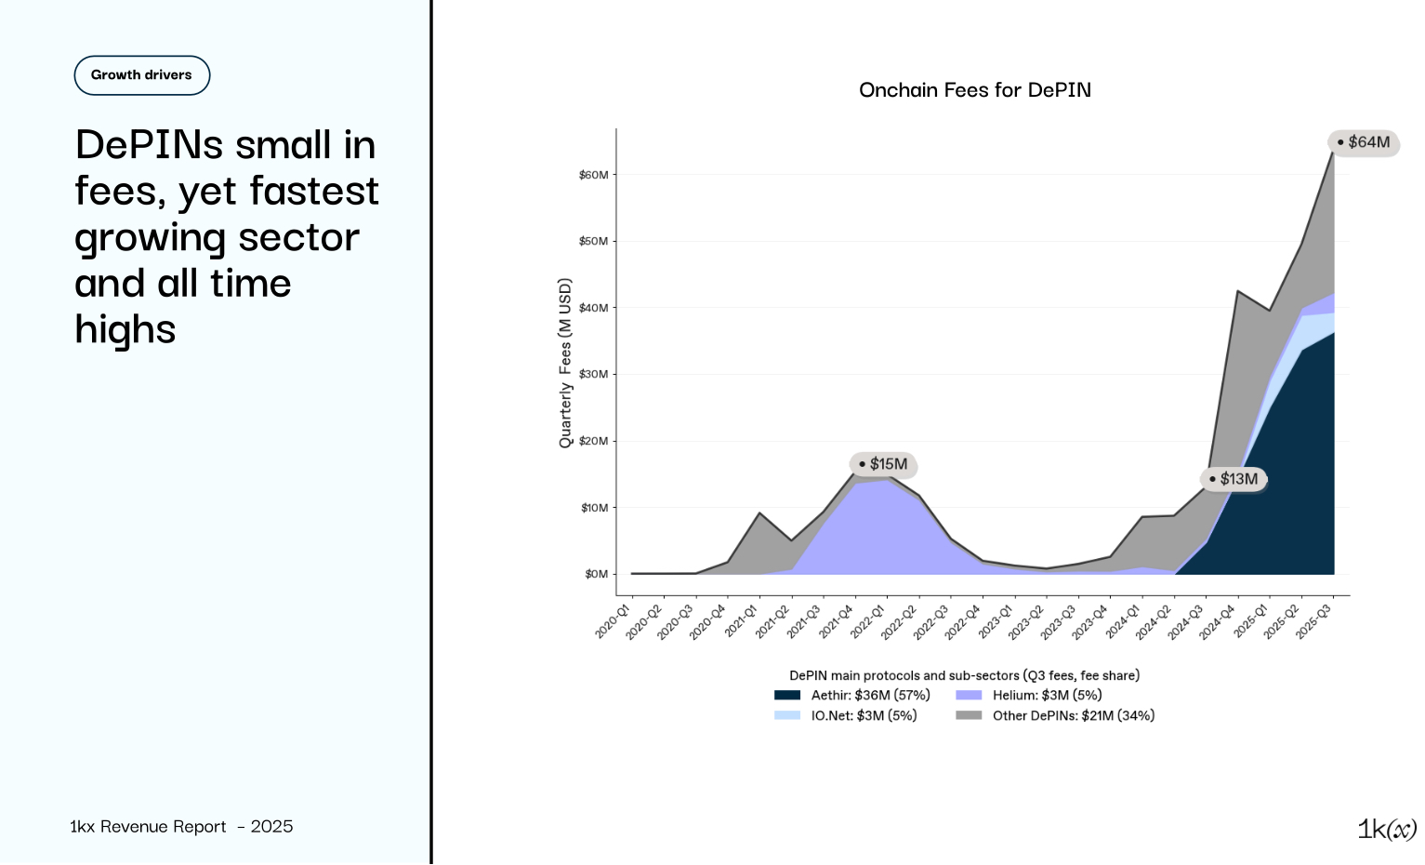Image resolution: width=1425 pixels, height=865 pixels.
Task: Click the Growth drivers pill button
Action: point(141,75)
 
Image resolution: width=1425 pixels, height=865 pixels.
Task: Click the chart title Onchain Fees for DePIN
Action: point(974,90)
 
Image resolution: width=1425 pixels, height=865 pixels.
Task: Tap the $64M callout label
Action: point(1364,142)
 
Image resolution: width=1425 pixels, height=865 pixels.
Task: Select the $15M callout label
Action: point(883,464)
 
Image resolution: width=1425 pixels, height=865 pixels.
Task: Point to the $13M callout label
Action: point(1234,479)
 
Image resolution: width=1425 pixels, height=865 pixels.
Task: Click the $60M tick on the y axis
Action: point(593,175)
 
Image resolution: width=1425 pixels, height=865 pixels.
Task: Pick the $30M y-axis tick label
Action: point(593,375)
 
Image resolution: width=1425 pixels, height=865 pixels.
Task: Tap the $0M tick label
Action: point(596,574)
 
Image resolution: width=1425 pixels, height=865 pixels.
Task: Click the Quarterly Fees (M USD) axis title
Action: point(565,363)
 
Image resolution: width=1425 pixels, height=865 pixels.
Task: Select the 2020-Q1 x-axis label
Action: point(614,620)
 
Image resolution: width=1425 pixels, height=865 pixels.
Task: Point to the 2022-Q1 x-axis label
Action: point(868,620)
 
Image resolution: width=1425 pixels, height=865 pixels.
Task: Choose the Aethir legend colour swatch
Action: point(786,695)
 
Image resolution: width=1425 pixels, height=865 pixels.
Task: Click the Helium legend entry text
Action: point(1047,695)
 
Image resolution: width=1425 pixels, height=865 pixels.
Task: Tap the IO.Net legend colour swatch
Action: point(786,715)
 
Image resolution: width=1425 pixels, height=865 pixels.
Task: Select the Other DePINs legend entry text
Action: point(1073,715)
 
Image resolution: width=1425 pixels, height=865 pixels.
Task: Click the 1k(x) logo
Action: point(1386,829)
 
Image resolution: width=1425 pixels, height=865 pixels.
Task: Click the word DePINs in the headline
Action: point(149,145)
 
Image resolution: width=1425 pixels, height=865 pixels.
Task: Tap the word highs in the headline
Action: point(125,330)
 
